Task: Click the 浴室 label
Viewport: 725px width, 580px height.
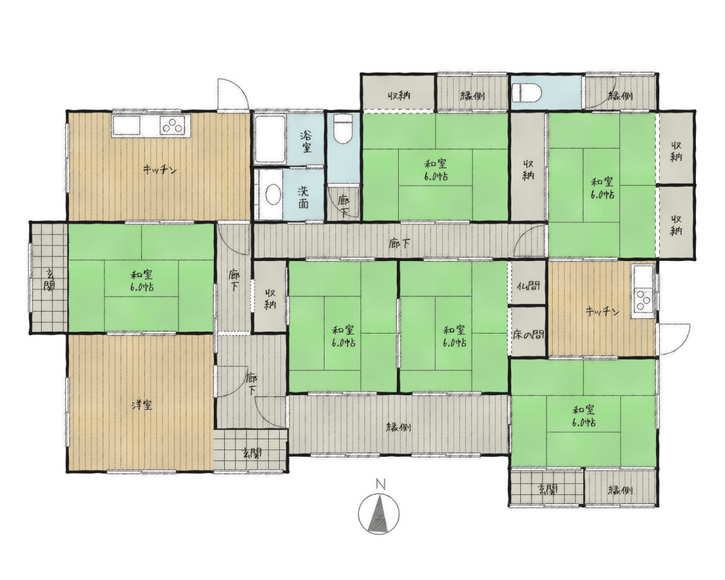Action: tap(306, 141)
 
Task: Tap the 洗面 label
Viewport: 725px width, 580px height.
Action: tap(303, 198)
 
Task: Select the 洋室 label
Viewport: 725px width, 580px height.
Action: tap(141, 405)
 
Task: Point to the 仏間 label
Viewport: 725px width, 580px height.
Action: tap(528, 286)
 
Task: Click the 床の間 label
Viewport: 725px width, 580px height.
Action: tap(528, 335)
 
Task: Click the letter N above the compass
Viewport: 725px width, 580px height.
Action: tap(381, 485)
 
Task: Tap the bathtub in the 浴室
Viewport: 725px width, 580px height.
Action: tap(270, 140)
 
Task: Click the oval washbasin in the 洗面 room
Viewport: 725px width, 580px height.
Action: tap(273, 195)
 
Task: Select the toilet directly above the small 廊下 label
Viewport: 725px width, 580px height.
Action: tap(343, 129)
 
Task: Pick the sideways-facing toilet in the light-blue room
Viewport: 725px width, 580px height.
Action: tap(527, 92)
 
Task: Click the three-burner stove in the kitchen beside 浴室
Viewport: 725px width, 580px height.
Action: tap(173, 125)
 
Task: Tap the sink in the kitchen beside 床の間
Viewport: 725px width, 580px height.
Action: tap(643, 277)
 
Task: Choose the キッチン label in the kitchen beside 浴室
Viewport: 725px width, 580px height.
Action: tap(159, 170)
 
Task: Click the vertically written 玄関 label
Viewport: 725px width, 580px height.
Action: tap(49, 280)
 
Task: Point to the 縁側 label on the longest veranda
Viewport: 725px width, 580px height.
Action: tap(399, 427)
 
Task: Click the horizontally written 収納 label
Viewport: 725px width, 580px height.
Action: tap(399, 95)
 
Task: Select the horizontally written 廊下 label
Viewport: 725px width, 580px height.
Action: tap(399, 243)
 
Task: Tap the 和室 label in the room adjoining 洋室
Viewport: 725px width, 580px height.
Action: tap(142, 280)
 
